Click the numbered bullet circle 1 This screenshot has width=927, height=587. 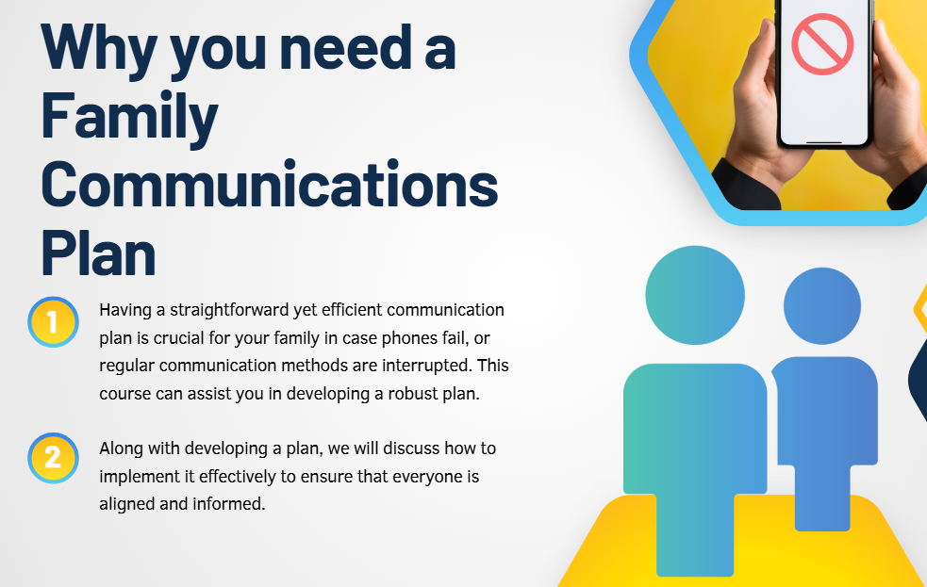click(x=53, y=322)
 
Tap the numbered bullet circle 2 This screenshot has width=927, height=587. click(x=53, y=458)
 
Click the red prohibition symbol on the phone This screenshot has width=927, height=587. click(x=822, y=43)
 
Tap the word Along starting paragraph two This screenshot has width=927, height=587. click(x=121, y=448)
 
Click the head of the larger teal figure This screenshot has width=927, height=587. click(x=695, y=295)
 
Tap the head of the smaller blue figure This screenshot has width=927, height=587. click(x=821, y=306)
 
